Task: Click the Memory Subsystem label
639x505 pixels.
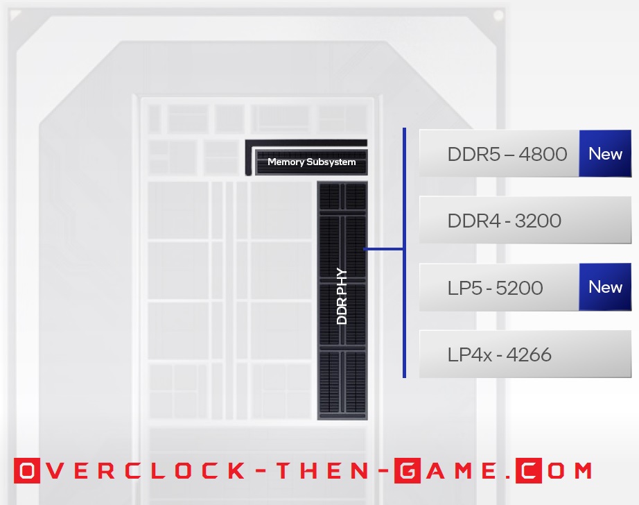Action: click(311, 162)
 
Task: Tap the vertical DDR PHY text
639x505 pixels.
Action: click(342, 297)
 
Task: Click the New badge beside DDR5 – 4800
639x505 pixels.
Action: click(605, 153)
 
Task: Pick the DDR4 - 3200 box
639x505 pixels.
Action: click(525, 221)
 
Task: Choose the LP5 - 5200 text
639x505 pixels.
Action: click(495, 288)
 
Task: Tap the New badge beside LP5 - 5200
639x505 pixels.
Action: click(605, 287)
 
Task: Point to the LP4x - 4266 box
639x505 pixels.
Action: click(525, 355)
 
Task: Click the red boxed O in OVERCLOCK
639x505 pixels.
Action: click(26, 471)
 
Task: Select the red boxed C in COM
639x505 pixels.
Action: click(528, 471)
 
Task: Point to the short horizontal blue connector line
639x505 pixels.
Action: click(384, 249)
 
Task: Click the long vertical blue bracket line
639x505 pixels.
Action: click(404, 253)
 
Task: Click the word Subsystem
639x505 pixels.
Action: click(331, 162)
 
